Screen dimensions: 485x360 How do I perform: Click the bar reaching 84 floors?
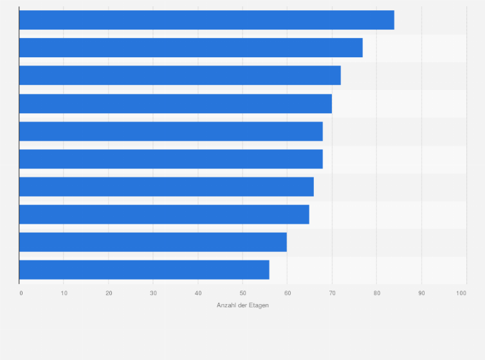(206, 20)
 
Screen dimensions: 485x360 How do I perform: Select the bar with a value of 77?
(191, 48)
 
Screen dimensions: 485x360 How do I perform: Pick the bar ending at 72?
(180, 75)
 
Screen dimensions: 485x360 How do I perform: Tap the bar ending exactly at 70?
(176, 104)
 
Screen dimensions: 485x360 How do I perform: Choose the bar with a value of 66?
(167, 186)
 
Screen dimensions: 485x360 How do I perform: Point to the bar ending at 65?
(164, 214)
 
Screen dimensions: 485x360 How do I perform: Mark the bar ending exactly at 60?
(153, 242)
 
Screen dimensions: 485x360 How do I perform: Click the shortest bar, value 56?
(144, 270)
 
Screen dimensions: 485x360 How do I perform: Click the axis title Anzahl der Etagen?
(243, 305)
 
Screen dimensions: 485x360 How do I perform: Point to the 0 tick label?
(21, 293)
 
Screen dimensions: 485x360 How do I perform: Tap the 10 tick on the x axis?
(64, 293)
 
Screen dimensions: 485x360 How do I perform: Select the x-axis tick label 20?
(109, 293)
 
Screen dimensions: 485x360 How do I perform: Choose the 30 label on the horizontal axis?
(154, 293)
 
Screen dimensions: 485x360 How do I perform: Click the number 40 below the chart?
(198, 293)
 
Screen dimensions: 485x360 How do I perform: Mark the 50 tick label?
(243, 293)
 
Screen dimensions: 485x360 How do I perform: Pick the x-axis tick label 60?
(288, 293)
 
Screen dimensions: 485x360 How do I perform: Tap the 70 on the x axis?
(332, 293)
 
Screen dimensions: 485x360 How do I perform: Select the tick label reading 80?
(377, 293)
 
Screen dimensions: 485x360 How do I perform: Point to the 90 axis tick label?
(421, 293)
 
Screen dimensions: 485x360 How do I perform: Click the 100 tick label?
(461, 293)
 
